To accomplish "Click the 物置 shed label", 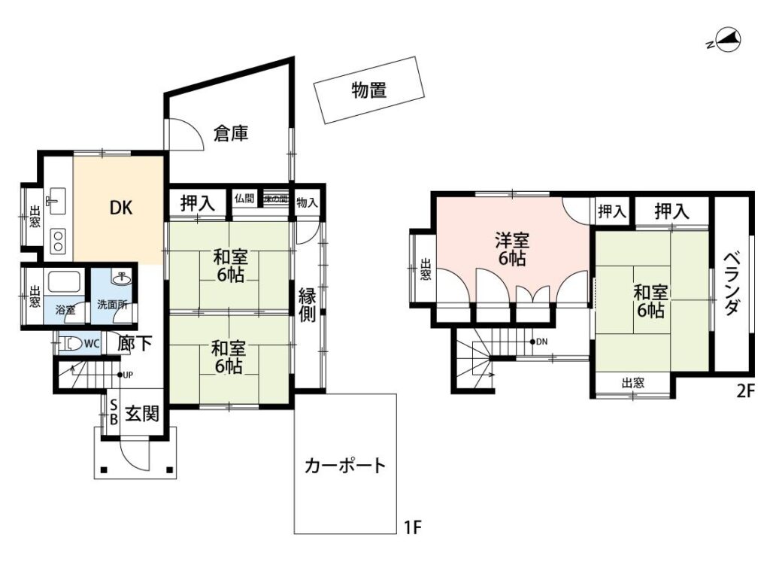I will pyautogui.click(x=368, y=91).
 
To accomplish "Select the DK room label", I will pyautogui.click(x=121, y=208).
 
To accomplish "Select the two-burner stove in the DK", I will pyautogui.click(x=57, y=241).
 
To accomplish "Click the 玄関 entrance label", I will pyautogui.click(x=141, y=413).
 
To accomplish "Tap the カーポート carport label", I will pyautogui.click(x=344, y=465).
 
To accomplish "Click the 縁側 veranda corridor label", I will pyautogui.click(x=308, y=305).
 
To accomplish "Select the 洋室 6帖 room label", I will pyautogui.click(x=511, y=250).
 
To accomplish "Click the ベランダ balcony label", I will pyautogui.click(x=733, y=285).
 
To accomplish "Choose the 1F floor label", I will pyautogui.click(x=411, y=527).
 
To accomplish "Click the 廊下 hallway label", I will pyautogui.click(x=135, y=344).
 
